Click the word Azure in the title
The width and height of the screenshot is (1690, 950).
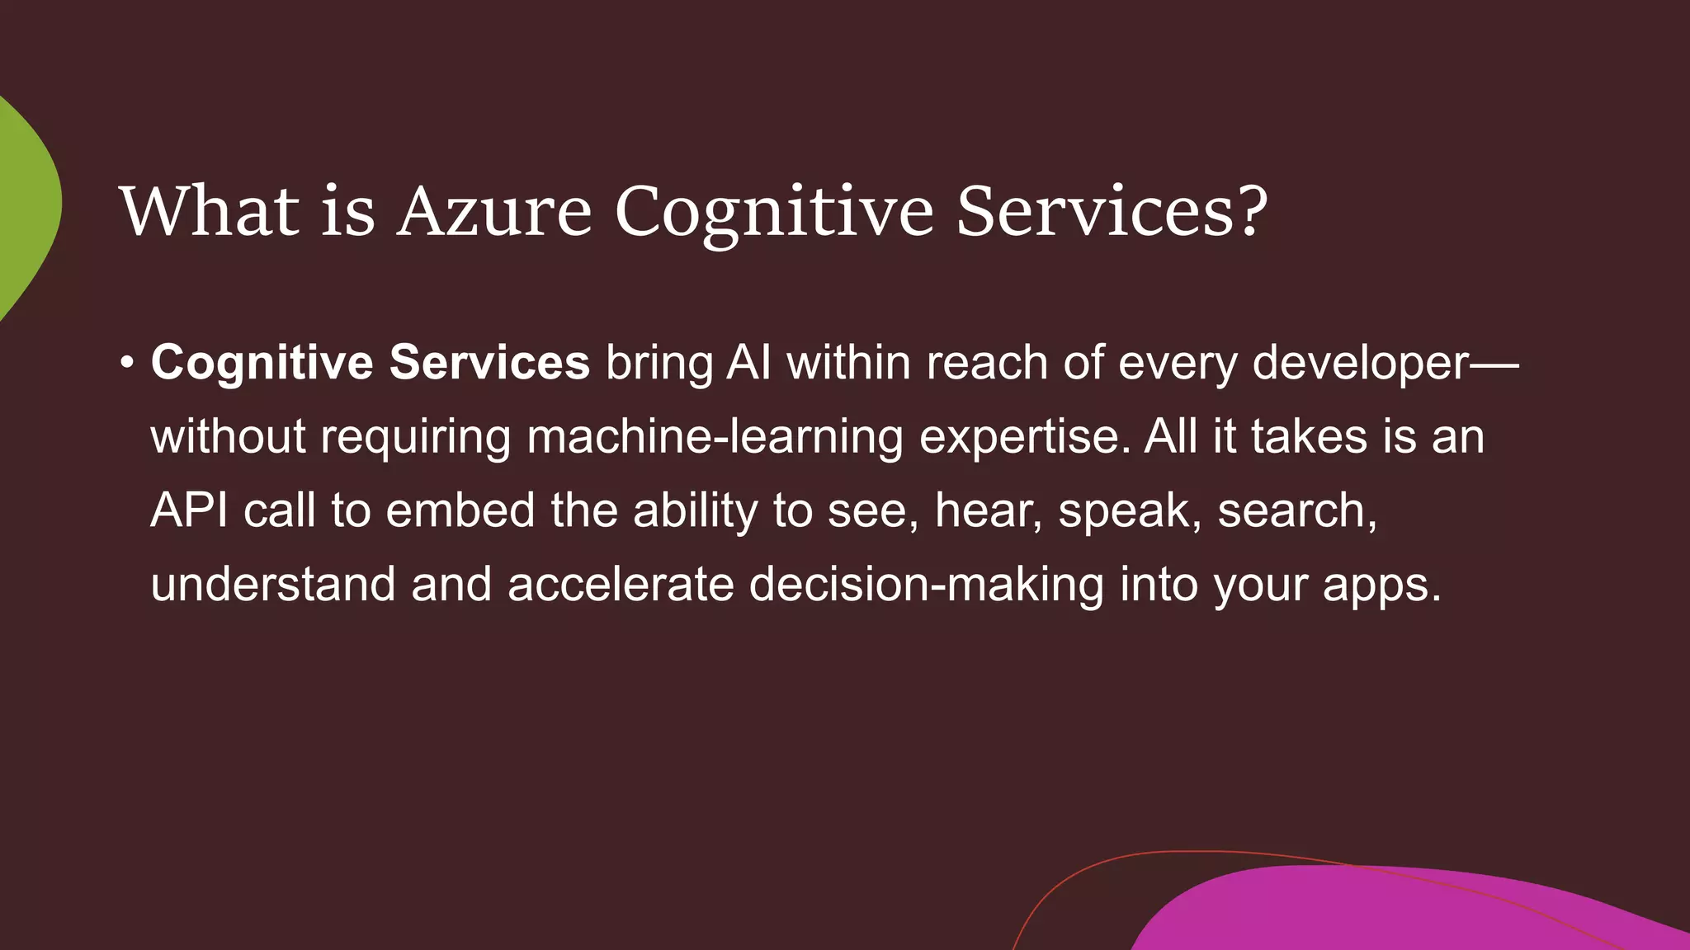(x=494, y=211)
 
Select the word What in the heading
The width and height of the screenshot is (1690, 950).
(x=210, y=211)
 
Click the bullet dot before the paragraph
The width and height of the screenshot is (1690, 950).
(x=126, y=363)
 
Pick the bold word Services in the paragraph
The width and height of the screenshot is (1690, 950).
(x=489, y=363)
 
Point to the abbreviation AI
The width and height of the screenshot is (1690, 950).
(x=748, y=363)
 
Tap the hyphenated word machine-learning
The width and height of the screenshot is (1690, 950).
(x=715, y=437)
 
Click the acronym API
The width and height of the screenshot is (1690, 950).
(x=189, y=510)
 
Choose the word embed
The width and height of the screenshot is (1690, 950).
(x=460, y=510)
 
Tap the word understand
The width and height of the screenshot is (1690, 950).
(x=273, y=584)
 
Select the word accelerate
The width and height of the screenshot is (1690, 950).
(x=621, y=584)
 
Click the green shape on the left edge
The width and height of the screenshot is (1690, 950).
(x=25, y=206)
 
